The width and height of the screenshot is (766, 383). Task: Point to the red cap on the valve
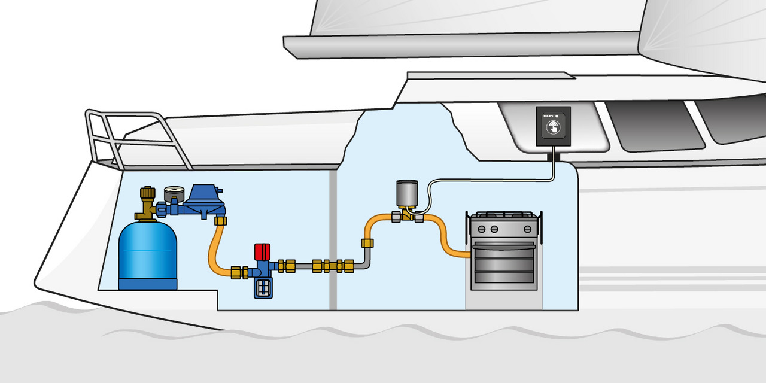point(262,251)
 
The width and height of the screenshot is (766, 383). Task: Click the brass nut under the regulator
point(220,221)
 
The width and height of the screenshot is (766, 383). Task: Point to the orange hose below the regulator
point(214,251)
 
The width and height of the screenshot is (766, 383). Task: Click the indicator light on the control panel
point(557,115)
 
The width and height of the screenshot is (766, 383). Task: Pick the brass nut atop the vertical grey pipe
point(367,243)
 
